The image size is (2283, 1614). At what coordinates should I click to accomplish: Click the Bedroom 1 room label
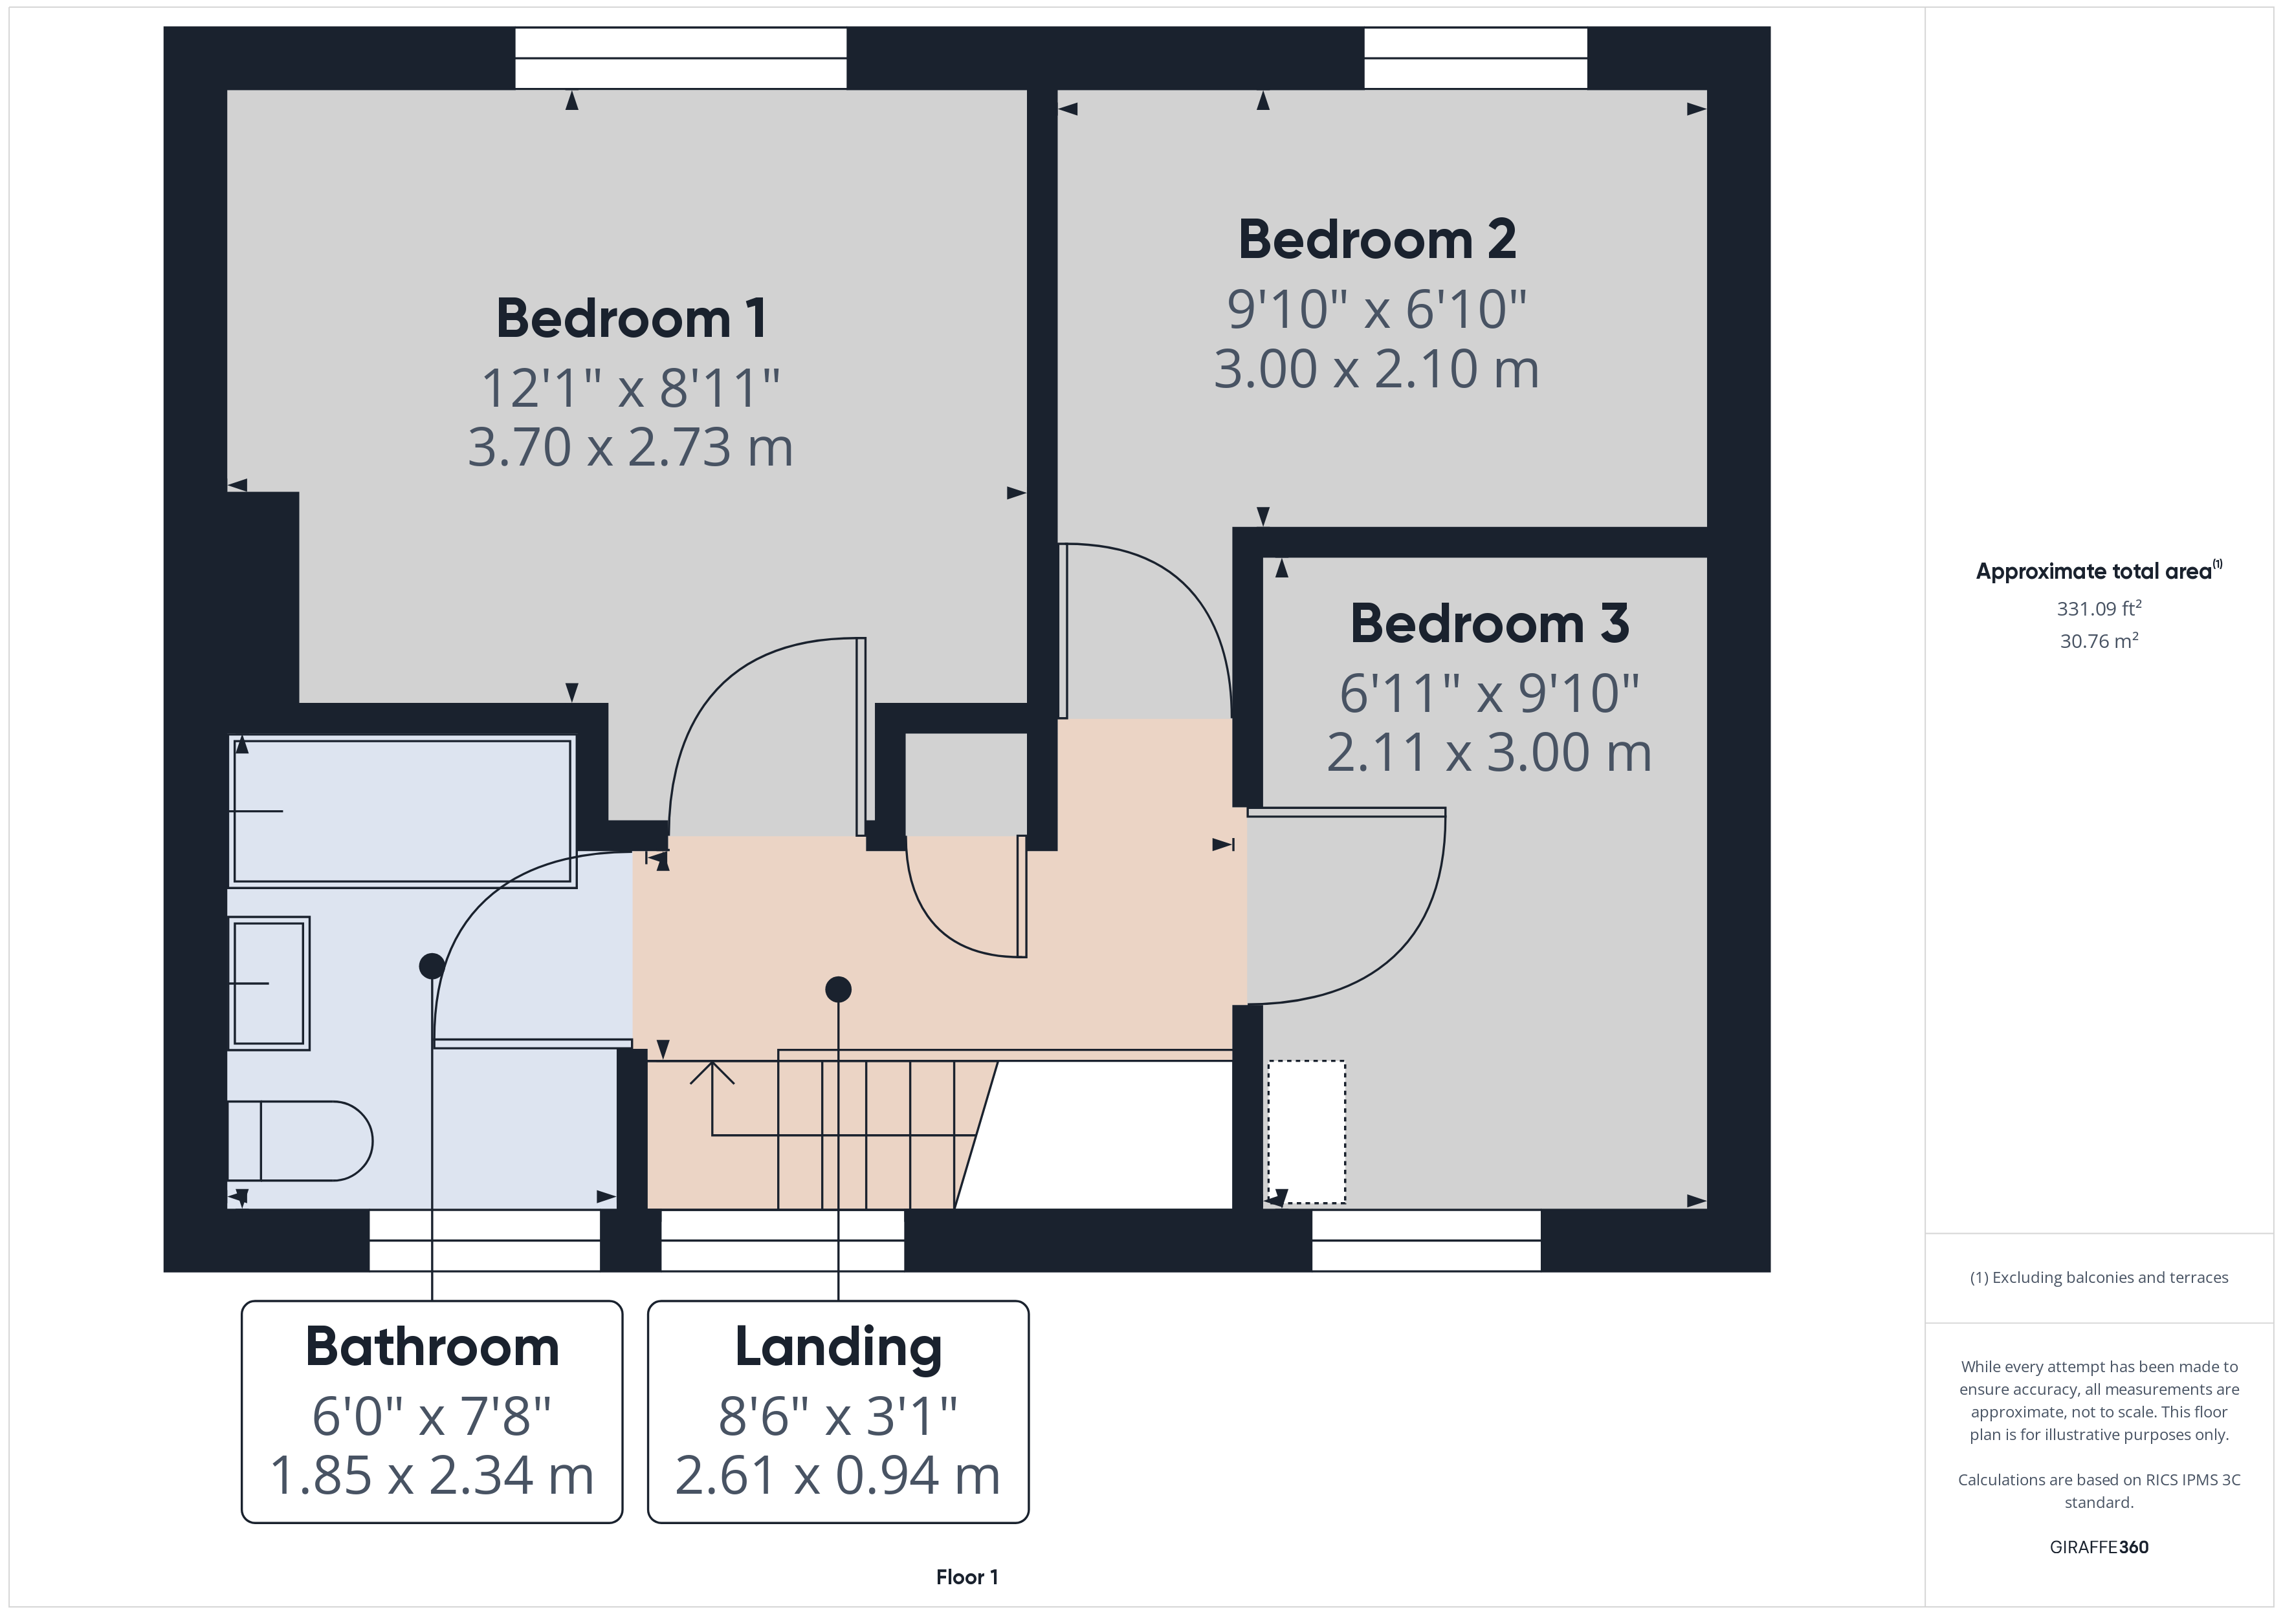(x=632, y=318)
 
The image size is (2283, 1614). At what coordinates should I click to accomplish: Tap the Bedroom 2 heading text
(x=1377, y=239)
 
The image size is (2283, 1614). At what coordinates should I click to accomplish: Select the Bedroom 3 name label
(x=1490, y=623)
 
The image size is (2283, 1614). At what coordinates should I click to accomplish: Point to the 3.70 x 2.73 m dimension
(x=630, y=447)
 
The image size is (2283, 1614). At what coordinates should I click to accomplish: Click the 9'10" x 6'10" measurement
(x=1377, y=309)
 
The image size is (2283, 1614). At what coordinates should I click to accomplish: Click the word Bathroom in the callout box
(x=432, y=1347)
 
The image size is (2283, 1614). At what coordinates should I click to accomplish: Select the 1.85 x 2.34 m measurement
(x=432, y=1475)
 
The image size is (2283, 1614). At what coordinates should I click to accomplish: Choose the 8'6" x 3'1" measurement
(x=838, y=1416)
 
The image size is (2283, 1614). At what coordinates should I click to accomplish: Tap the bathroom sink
(x=269, y=983)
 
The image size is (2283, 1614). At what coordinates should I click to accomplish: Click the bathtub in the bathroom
(x=403, y=811)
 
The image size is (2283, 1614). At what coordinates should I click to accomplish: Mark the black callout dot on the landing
(x=838, y=989)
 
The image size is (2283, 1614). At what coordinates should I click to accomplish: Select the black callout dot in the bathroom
(x=432, y=965)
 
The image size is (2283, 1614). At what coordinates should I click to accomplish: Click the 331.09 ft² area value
(x=2099, y=608)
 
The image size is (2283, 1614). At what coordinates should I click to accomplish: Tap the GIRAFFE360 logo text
(x=2099, y=1546)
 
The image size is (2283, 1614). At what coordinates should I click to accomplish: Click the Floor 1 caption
(x=967, y=1576)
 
